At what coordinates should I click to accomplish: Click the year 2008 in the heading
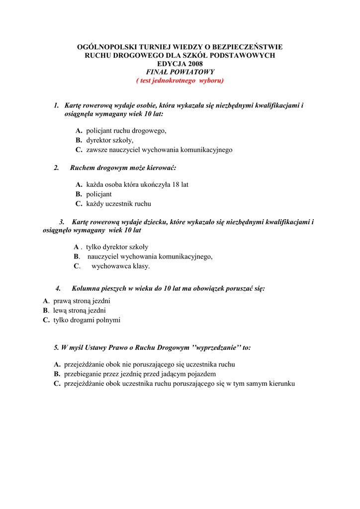tap(193, 64)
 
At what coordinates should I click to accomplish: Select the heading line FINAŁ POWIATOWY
tap(180, 72)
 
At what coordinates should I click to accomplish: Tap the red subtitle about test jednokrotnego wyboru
tap(180, 81)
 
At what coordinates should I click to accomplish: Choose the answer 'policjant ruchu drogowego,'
tap(126, 131)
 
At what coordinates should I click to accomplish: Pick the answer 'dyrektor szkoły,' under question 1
tap(109, 140)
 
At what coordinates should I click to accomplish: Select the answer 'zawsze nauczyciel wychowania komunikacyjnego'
tap(159, 150)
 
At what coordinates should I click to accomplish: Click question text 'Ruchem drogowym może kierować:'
tap(123, 168)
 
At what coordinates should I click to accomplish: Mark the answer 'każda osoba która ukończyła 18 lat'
tap(137, 184)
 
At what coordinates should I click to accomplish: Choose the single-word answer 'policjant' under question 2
tap(98, 194)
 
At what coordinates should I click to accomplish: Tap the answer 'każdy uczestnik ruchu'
tap(118, 203)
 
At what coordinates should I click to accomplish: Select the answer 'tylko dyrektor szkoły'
tap(117, 247)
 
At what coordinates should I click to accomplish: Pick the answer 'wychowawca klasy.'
tap(120, 266)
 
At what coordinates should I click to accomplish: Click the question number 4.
tap(58, 288)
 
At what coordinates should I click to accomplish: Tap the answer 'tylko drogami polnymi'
tap(87, 320)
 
